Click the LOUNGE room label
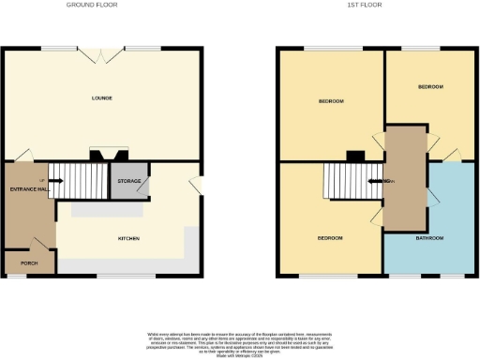[102, 97]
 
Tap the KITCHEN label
[128, 238]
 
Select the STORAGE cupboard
[128, 180]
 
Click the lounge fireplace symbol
[103, 154]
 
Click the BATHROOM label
[429, 238]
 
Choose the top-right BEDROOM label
[430, 86]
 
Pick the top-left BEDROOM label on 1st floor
[331, 100]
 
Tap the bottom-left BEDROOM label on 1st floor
[329, 238]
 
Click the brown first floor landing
[405, 178]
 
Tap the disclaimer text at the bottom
[240, 341]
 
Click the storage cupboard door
[142, 190]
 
